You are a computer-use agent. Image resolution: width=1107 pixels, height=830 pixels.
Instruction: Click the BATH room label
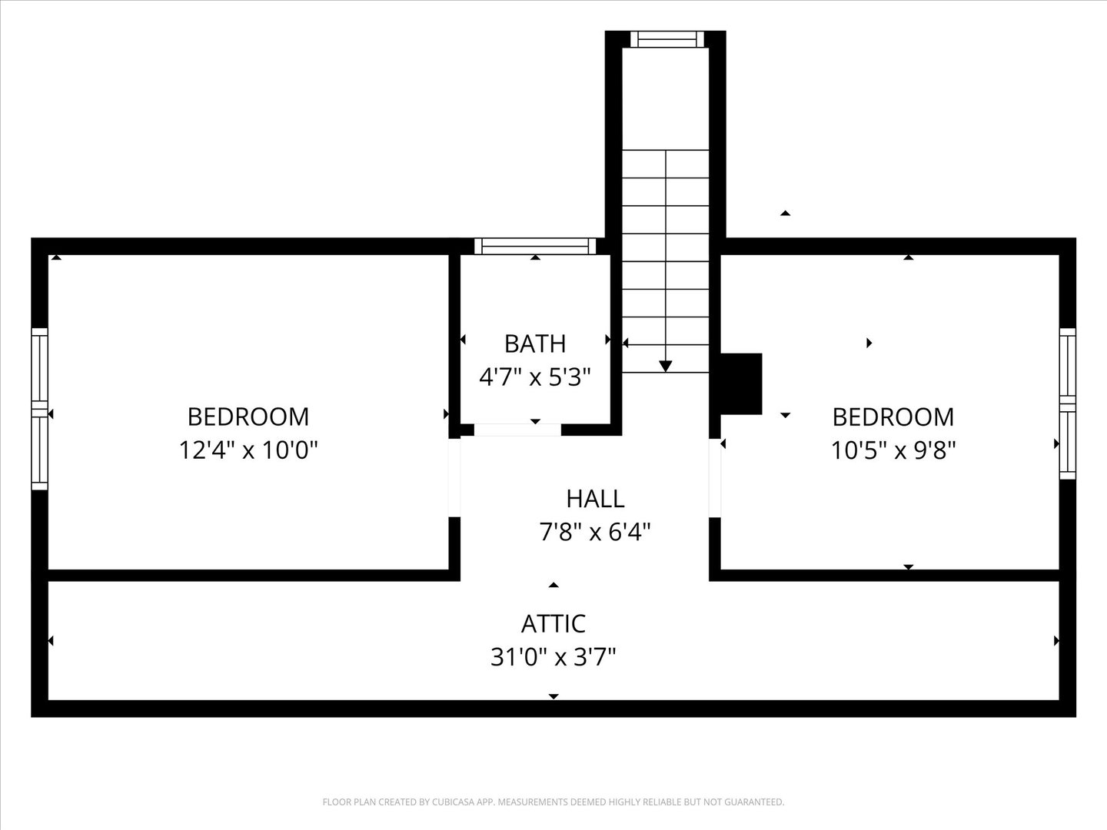tap(535, 344)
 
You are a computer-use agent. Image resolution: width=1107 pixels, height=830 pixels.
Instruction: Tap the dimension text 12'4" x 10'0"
tap(248, 450)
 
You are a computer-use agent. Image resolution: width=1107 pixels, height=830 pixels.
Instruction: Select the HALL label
tap(595, 499)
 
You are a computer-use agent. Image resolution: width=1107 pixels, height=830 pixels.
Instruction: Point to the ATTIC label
tap(553, 623)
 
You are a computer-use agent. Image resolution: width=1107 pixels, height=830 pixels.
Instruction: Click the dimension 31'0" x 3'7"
tap(553, 657)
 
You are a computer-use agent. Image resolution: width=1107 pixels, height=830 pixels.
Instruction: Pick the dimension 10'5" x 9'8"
tap(893, 450)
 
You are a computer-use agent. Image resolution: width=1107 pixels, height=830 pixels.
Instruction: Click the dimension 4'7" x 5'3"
tap(535, 377)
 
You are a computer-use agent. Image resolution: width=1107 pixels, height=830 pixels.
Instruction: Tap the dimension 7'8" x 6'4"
tap(595, 532)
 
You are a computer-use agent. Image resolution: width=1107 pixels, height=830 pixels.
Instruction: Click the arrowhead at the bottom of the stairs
tap(666, 367)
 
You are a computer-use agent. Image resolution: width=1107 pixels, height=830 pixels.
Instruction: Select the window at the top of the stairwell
tap(666, 39)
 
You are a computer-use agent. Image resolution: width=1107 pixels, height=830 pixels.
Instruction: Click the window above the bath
tap(535, 246)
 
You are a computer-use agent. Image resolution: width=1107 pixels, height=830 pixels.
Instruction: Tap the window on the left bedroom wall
tap(39, 409)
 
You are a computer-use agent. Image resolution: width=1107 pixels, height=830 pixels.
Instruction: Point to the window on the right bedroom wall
tap(1067, 403)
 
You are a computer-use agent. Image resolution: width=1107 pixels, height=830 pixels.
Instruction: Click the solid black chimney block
tap(740, 383)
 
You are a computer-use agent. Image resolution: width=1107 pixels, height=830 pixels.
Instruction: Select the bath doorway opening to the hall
tap(517, 430)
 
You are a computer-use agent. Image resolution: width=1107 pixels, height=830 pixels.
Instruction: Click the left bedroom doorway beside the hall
tap(454, 477)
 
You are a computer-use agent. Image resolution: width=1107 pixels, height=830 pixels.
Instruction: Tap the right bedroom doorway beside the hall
tap(715, 477)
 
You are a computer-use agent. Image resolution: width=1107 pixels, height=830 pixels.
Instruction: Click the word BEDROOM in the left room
tap(248, 417)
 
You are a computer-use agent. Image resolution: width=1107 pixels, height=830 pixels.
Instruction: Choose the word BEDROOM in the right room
tap(893, 417)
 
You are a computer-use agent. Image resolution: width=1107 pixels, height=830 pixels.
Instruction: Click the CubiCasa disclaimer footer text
tap(553, 802)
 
